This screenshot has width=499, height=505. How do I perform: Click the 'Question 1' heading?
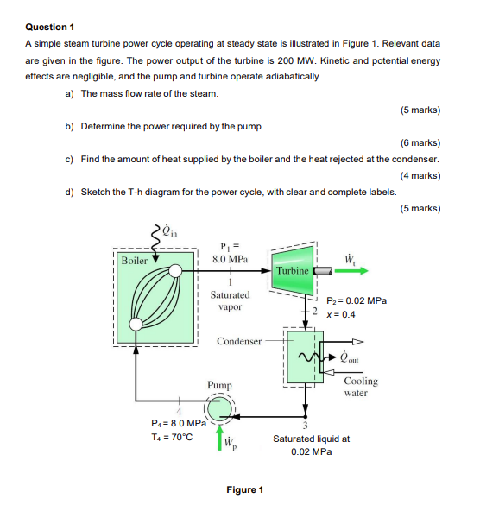coord(49,27)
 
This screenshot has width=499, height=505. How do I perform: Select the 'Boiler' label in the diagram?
coord(134,260)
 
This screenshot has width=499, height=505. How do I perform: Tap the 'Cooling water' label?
coord(360,387)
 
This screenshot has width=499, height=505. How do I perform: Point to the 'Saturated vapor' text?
coord(230,300)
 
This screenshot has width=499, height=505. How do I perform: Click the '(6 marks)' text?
coord(420,142)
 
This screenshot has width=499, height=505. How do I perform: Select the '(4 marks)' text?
coord(420,175)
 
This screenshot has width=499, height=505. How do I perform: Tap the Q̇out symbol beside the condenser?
coord(351,357)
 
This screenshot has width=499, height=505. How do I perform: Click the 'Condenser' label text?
coord(239,341)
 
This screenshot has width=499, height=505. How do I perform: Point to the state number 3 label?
coord(305,423)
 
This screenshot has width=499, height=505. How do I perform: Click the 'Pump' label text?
coord(220,384)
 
